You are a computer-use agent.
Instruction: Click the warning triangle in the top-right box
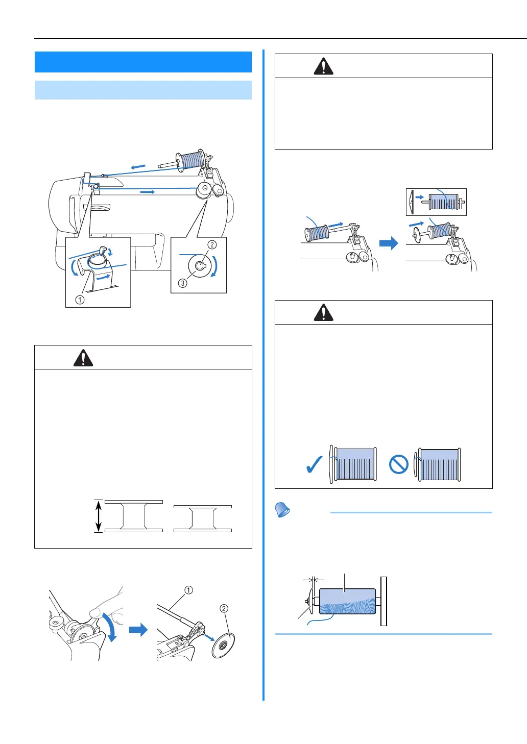[x=323, y=66]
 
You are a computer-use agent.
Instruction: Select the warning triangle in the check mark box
[x=323, y=312]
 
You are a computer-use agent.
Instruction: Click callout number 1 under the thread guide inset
[x=80, y=300]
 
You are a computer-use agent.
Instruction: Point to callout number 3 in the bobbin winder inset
[x=182, y=283]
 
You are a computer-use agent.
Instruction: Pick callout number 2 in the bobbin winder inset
[x=212, y=245]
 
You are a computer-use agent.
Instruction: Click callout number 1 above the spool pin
[x=188, y=590]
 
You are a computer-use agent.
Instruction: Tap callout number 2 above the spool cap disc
[x=224, y=608]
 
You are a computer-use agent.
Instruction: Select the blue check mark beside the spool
[x=314, y=465]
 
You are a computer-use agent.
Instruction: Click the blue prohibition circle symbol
[x=398, y=465]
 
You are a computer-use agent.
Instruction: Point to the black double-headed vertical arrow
[x=99, y=516]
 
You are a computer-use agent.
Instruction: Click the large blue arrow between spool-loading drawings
[x=389, y=243]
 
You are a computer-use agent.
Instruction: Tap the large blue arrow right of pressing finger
[x=138, y=630]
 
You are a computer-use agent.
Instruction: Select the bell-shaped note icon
[x=282, y=509]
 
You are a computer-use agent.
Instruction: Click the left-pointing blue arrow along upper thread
[x=138, y=167]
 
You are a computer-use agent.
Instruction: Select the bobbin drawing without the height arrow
[x=202, y=518]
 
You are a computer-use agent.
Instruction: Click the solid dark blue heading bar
[x=143, y=62]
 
